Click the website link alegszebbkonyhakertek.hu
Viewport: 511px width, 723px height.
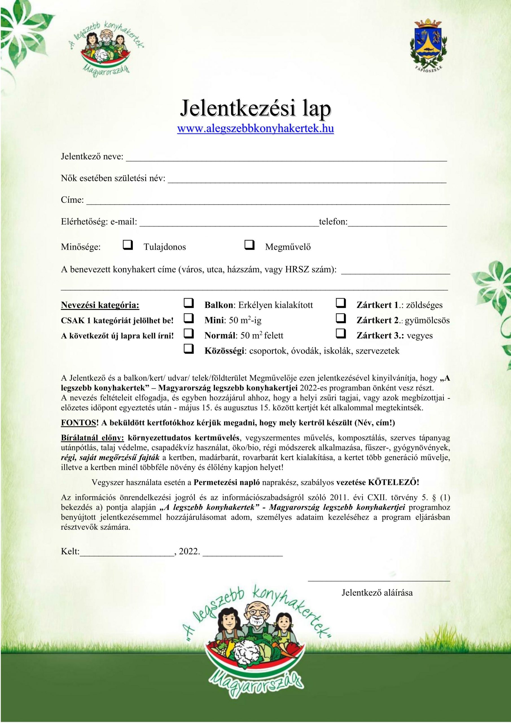[256, 129]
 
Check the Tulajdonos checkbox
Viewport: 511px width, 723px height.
[128, 245]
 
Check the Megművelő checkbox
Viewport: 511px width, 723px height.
[249, 245]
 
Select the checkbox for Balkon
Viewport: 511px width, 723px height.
[188, 303]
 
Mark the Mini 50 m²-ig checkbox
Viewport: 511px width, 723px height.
[188, 319]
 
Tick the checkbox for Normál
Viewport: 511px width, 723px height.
[188, 334]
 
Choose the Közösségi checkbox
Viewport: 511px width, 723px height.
[188, 349]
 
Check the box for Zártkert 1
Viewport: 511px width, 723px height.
[341, 303]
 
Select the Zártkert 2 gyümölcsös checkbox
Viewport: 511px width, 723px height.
[341, 319]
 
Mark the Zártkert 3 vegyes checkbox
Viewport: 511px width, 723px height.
[341, 334]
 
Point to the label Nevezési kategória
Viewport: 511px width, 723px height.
[100, 305]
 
